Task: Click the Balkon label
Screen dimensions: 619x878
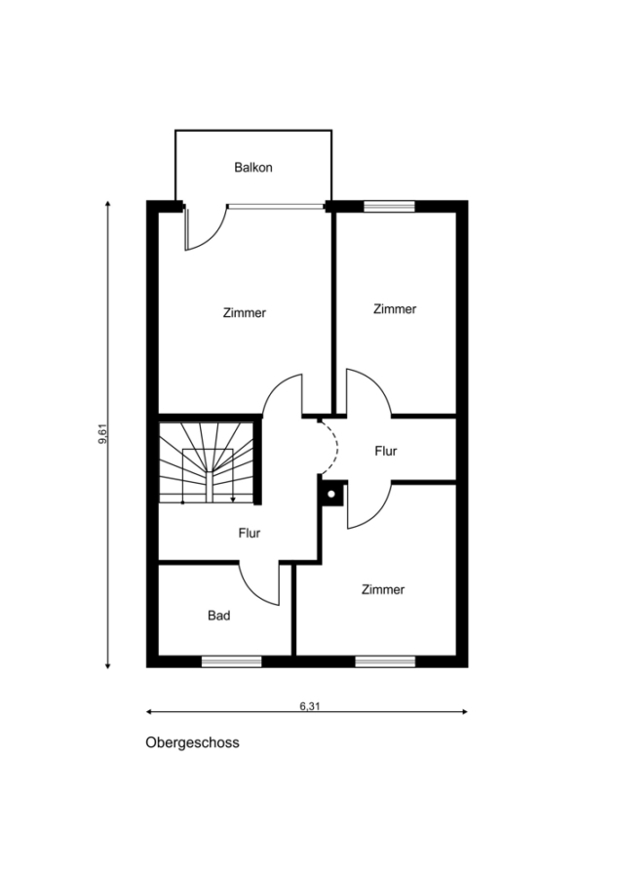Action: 253,168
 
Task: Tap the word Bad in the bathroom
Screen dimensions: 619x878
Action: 218,616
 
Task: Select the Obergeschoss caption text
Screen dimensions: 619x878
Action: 193,743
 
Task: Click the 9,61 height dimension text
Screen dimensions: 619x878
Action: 103,434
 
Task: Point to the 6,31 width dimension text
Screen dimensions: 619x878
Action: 310,706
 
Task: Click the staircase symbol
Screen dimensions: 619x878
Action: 206,462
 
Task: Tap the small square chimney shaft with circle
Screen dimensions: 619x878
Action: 331,494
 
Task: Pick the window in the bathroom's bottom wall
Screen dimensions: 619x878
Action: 232,661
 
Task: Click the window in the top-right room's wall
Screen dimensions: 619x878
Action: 390,206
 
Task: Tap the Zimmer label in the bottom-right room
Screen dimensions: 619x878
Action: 383,589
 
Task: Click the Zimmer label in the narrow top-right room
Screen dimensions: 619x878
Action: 395,309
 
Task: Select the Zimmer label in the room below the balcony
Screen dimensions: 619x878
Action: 245,313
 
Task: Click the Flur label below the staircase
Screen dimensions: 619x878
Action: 249,533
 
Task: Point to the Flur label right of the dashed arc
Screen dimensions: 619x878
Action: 386,451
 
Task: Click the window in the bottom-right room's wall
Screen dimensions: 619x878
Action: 386,661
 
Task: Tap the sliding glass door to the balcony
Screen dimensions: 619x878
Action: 277,206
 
